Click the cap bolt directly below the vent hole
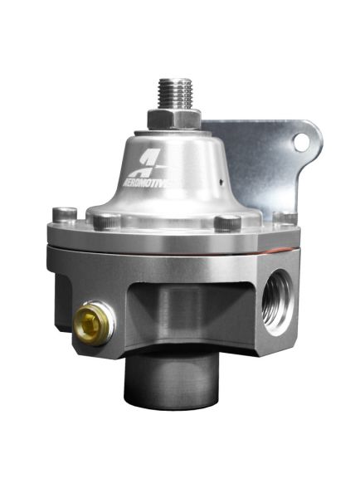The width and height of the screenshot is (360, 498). [227, 222]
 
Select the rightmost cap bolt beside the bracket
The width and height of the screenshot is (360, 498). [285, 218]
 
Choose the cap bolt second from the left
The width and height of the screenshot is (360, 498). [106, 222]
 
